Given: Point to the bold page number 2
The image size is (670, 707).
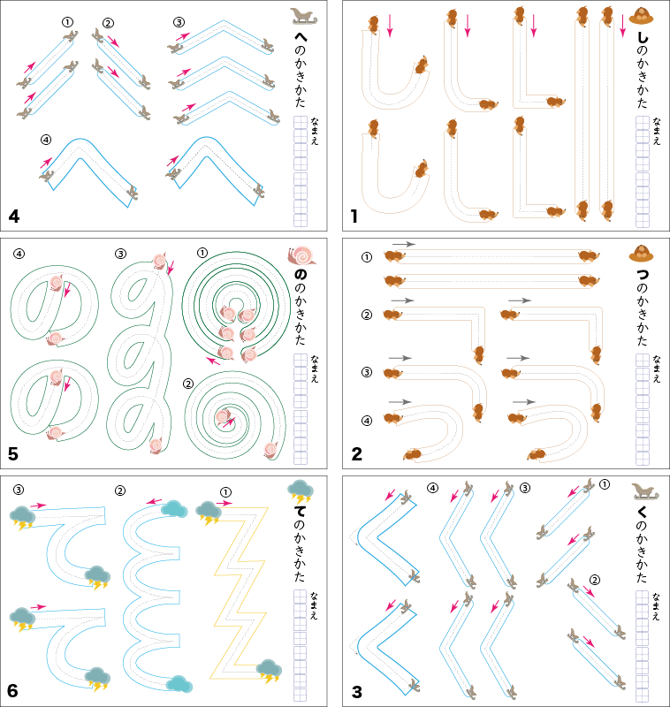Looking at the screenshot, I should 356,454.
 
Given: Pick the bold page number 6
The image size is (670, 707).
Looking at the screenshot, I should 13,690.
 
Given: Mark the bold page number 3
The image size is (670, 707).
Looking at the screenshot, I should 356,690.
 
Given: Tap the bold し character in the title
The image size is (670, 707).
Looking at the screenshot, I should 643,38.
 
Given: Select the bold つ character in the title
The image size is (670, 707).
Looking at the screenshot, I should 643,275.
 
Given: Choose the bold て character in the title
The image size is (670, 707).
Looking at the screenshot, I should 301,513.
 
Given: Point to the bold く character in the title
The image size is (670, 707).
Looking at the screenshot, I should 643,513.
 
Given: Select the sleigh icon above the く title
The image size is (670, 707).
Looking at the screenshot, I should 642,491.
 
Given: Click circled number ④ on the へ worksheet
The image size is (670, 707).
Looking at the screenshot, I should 46,140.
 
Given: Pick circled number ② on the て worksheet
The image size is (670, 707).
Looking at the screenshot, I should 120,490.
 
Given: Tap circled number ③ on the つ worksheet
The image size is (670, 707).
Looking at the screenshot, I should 367,372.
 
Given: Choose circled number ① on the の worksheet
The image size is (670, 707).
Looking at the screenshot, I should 202,253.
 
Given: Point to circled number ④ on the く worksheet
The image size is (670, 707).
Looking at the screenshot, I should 432,488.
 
